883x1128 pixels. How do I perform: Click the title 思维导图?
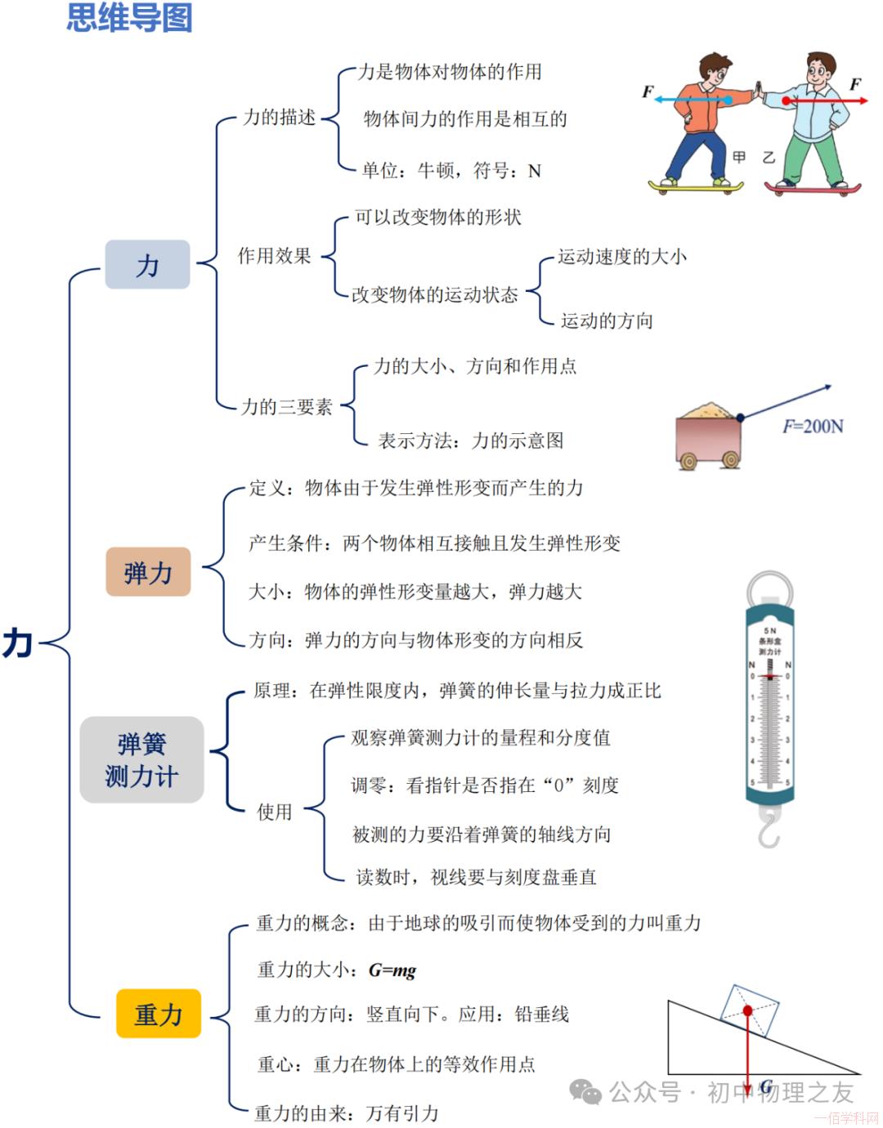tap(129, 18)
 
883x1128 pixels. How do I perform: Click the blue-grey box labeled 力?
tap(147, 265)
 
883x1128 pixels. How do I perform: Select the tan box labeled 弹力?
tap(148, 572)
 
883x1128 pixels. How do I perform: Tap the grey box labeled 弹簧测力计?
tap(141, 759)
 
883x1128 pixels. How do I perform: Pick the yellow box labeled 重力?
tap(159, 1014)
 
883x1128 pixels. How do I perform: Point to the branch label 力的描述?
tap(280, 118)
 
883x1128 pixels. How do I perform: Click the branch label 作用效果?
tap(275, 256)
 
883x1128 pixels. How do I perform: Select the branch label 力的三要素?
tap(286, 406)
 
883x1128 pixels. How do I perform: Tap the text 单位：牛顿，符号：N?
tap(451, 171)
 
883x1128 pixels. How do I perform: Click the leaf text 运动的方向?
tap(607, 320)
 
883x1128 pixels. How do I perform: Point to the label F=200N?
tap(813, 426)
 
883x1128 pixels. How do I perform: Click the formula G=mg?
tap(392, 970)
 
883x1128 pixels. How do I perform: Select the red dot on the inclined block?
tap(747, 1011)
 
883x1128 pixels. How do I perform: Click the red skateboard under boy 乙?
tap(813, 188)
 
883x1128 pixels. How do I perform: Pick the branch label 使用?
tap(275, 812)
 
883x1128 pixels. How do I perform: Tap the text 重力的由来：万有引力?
tap(347, 1112)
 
